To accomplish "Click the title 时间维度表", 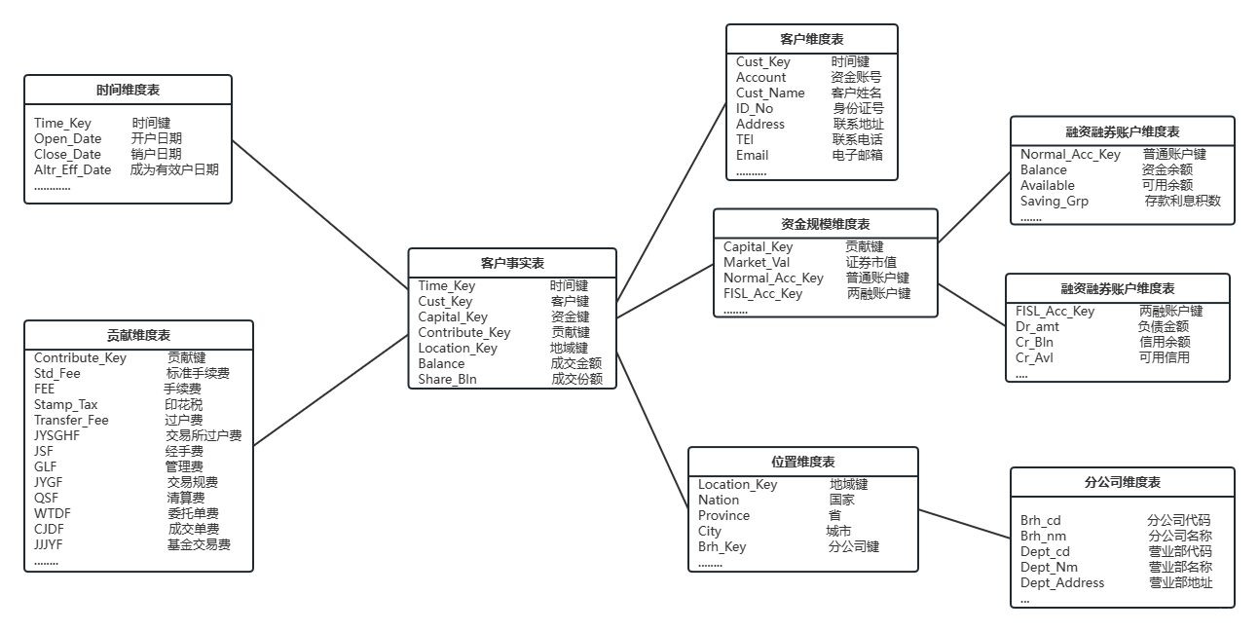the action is [128, 90].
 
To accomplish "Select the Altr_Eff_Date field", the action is [73, 169].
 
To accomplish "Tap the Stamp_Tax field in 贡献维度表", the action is [66, 404].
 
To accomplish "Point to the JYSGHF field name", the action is [57, 435].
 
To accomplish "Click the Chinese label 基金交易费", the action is [199, 544].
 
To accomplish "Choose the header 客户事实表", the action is [512, 263].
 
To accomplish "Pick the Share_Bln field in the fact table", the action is [447, 379].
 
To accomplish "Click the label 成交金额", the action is [576, 363].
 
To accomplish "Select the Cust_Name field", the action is [770, 93].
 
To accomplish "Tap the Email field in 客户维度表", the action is [752, 155].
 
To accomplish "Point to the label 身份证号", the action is [858, 108].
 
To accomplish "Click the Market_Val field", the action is [757, 262].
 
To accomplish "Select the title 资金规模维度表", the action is [826, 224].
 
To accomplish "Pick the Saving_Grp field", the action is [1055, 201].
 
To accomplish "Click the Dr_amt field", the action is [1037, 326].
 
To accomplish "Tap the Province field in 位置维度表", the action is [723, 515].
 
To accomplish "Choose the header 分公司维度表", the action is [1122, 482].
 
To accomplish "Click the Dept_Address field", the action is [1062, 582].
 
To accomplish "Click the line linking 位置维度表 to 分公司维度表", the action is [964, 523].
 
